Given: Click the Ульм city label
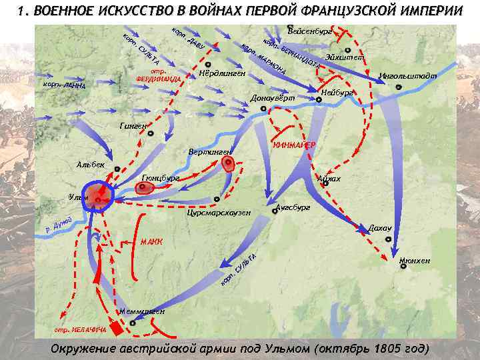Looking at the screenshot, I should pos(79,197).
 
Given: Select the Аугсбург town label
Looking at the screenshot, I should pos(293,208).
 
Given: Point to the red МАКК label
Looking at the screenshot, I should pos(151,241).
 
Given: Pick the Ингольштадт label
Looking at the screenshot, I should pos(407,76).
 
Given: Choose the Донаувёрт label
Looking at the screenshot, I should pos(273,99).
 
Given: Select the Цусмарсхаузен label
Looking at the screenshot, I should pos(219,213).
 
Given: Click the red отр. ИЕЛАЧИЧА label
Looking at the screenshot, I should pos(79,329).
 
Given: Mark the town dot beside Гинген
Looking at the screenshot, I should pos(152,133).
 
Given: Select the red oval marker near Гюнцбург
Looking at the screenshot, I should pos(143,189).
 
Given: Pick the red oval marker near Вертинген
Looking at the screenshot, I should pos(229,164).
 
